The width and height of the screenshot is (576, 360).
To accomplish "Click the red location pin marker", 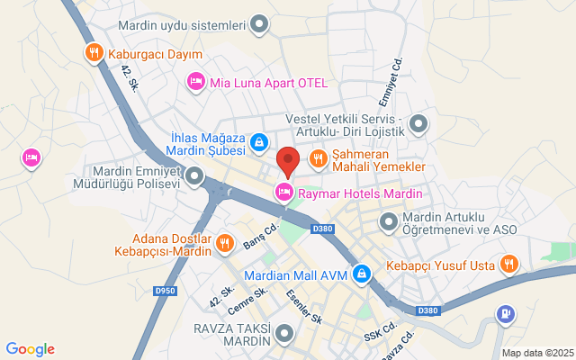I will point(288,161).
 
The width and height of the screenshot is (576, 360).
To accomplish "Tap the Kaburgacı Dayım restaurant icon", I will point(92,54).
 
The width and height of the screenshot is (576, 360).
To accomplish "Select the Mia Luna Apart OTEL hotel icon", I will point(195,83).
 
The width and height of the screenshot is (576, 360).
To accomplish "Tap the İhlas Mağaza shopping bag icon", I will point(258,142).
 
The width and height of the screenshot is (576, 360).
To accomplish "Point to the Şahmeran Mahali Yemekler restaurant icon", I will point(318,159).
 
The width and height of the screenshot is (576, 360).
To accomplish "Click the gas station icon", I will point(506,314).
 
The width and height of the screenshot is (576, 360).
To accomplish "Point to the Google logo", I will point(30,349).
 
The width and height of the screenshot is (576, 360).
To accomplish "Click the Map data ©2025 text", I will point(536,353).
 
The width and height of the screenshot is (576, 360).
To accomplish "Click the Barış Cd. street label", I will point(260,236).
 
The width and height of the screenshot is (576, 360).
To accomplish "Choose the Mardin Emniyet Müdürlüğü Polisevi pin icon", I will point(193,183).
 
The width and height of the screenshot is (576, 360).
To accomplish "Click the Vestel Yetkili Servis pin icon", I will point(418,125).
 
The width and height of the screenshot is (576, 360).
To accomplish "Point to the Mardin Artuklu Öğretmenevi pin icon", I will point(389,221).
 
